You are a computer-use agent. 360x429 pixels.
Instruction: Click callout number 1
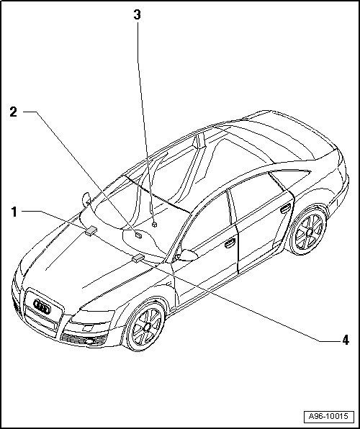click(14, 212)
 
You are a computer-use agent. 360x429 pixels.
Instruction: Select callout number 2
click(13, 112)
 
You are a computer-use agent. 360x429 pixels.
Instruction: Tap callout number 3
click(137, 15)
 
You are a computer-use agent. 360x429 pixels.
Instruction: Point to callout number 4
click(346, 340)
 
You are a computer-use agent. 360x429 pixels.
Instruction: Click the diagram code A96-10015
click(328, 416)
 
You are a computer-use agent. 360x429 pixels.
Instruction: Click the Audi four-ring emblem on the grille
click(42, 307)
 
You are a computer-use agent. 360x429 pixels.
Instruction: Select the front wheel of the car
click(145, 326)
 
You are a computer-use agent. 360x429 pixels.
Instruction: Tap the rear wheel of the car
click(308, 232)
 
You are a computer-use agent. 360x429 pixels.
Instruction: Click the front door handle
click(230, 243)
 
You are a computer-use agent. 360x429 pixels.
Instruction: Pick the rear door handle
click(285, 209)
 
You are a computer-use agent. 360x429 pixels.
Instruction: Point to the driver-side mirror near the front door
click(187, 255)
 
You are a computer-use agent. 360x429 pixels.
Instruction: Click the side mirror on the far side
click(86, 199)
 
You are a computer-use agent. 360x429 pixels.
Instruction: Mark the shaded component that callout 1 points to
click(91, 231)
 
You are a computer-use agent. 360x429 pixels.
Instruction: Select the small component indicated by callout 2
click(138, 235)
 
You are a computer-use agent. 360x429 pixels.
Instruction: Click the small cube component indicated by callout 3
click(154, 225)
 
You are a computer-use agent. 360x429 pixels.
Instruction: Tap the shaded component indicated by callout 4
click(138, 258)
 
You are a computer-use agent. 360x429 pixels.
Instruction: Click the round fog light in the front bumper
click(89, 341)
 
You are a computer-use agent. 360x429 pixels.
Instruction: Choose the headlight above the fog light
click(93, 317)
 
